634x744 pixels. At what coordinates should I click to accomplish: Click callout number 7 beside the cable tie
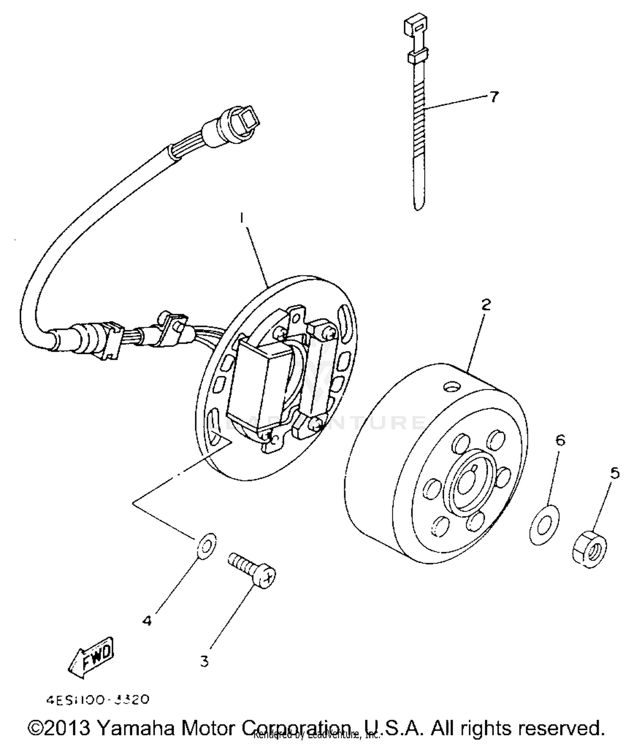pos(494,97)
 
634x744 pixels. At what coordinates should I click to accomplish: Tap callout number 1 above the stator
pos(242,218)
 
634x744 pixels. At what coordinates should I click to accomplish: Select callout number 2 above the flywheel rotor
pos(486,304)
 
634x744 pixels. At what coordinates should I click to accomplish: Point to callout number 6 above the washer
pos(560,440)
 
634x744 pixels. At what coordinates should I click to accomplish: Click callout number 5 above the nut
pos(615,473)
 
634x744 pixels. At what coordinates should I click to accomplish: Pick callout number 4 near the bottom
pos(147,621)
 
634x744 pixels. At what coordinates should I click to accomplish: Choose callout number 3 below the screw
pos(204,661)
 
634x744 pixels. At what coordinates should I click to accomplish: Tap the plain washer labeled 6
pos(544,524)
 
